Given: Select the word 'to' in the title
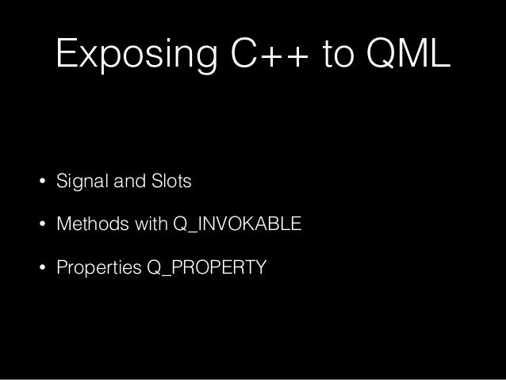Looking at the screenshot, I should pyautogui.click(x=342, y=55).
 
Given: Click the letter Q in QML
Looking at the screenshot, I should pyautogui.click(x=381, y=55).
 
